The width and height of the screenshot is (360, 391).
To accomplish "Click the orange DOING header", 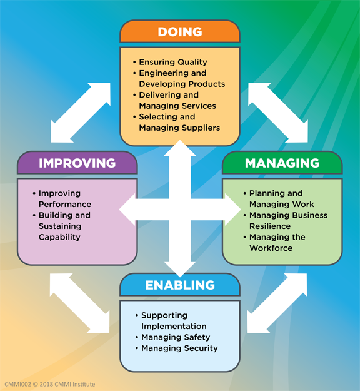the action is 180,31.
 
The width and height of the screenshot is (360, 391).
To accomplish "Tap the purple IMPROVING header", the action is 77,163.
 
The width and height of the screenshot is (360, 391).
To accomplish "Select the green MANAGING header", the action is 282,163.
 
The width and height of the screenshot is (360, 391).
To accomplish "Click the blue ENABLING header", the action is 180,285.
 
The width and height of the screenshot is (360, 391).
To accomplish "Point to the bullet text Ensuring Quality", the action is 173,62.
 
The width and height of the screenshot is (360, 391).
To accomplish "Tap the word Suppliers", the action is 201,128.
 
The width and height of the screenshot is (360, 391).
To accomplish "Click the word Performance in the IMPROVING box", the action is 65,204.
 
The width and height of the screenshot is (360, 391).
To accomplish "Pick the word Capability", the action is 59,237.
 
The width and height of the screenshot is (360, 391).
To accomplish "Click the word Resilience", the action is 270,226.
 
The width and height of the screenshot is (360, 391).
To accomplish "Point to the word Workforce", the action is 271,248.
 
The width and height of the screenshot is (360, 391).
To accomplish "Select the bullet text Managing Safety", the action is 176,337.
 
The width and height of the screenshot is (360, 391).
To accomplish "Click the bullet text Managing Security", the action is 179,348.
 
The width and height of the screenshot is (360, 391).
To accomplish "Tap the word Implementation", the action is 174,326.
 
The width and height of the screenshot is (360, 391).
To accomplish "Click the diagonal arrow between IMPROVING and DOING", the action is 81,113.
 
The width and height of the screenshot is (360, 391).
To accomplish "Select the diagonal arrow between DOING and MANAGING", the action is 278,113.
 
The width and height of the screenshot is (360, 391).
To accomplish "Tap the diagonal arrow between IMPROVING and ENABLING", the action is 80,303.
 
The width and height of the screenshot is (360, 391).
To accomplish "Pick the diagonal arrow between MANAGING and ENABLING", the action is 277,303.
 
